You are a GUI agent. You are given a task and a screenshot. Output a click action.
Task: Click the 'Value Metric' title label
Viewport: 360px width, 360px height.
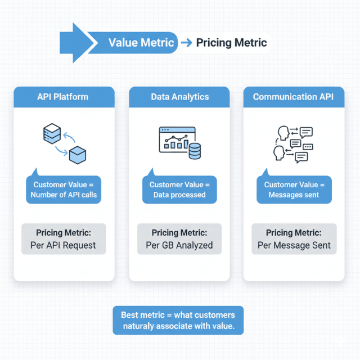[x=141, y=43]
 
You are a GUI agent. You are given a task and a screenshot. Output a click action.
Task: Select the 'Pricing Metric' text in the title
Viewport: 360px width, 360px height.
[x=231, y=43]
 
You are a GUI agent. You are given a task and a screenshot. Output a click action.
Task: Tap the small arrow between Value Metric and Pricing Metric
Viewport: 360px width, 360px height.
[x=187, y=43]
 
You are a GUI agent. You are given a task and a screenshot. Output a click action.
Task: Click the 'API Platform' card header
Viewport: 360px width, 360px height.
[x=63, y=97]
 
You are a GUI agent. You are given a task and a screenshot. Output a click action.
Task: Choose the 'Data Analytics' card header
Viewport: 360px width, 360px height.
[x=179, y=97]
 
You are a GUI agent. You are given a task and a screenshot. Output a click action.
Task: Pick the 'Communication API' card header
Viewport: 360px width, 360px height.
[x=293, y=97]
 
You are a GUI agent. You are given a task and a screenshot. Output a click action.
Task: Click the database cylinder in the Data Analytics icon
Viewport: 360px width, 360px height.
[x=195, y=151]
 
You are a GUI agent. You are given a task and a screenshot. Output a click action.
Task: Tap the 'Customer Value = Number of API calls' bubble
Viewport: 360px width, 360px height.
[x=64, y=190]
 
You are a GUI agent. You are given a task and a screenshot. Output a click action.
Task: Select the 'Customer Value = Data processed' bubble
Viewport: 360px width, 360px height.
[x=179, y=190]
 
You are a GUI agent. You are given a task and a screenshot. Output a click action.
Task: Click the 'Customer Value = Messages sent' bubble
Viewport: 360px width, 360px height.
[x=294, y=190]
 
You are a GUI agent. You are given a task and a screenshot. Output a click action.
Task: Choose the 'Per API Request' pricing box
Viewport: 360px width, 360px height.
[x=63, y=239]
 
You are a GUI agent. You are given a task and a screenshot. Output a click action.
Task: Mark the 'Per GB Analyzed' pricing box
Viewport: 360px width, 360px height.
[x=179, y=239]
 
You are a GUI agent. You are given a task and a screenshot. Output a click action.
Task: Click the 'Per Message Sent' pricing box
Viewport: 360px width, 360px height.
[x=294, y=239]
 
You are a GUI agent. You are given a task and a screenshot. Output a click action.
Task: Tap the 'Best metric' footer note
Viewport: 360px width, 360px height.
[x=178, y=320]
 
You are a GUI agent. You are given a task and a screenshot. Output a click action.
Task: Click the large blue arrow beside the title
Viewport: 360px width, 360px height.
[x=76, y=42]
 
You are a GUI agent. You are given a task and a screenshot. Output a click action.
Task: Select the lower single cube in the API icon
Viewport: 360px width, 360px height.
[x=77, y=156]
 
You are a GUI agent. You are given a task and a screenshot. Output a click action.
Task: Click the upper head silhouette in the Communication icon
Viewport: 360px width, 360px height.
[x=283, y=132]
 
